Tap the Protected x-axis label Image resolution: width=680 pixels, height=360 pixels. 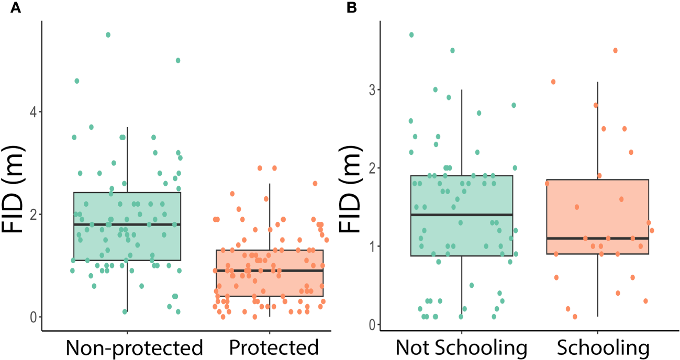pos(274,348)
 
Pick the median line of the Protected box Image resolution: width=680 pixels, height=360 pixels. pos(269,271)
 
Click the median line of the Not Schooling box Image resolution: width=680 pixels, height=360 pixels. pos(461,215)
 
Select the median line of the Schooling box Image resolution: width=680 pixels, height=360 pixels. pos(598,238)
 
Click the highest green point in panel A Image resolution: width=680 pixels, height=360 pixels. pos(108,35)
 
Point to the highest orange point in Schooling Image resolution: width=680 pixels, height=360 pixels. pos(616,50)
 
